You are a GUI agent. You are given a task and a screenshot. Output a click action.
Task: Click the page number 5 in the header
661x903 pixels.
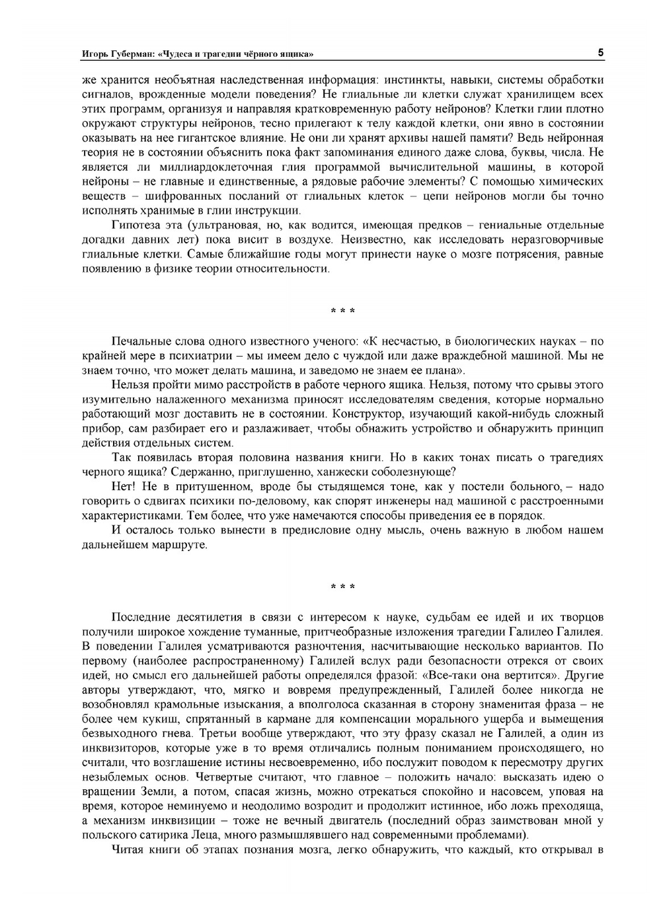click(600, 52)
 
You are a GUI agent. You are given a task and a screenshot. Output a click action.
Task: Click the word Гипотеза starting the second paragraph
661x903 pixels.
click(136, 225)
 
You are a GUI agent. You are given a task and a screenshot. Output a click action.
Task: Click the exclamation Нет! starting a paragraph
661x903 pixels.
click(124, 487)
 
